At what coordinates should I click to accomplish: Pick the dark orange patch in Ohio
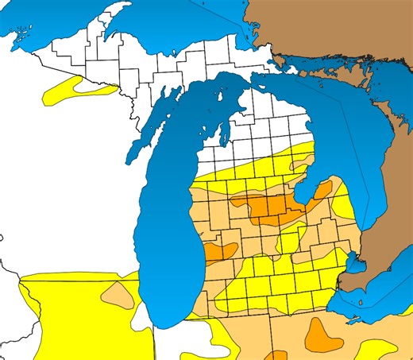point(322,332)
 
